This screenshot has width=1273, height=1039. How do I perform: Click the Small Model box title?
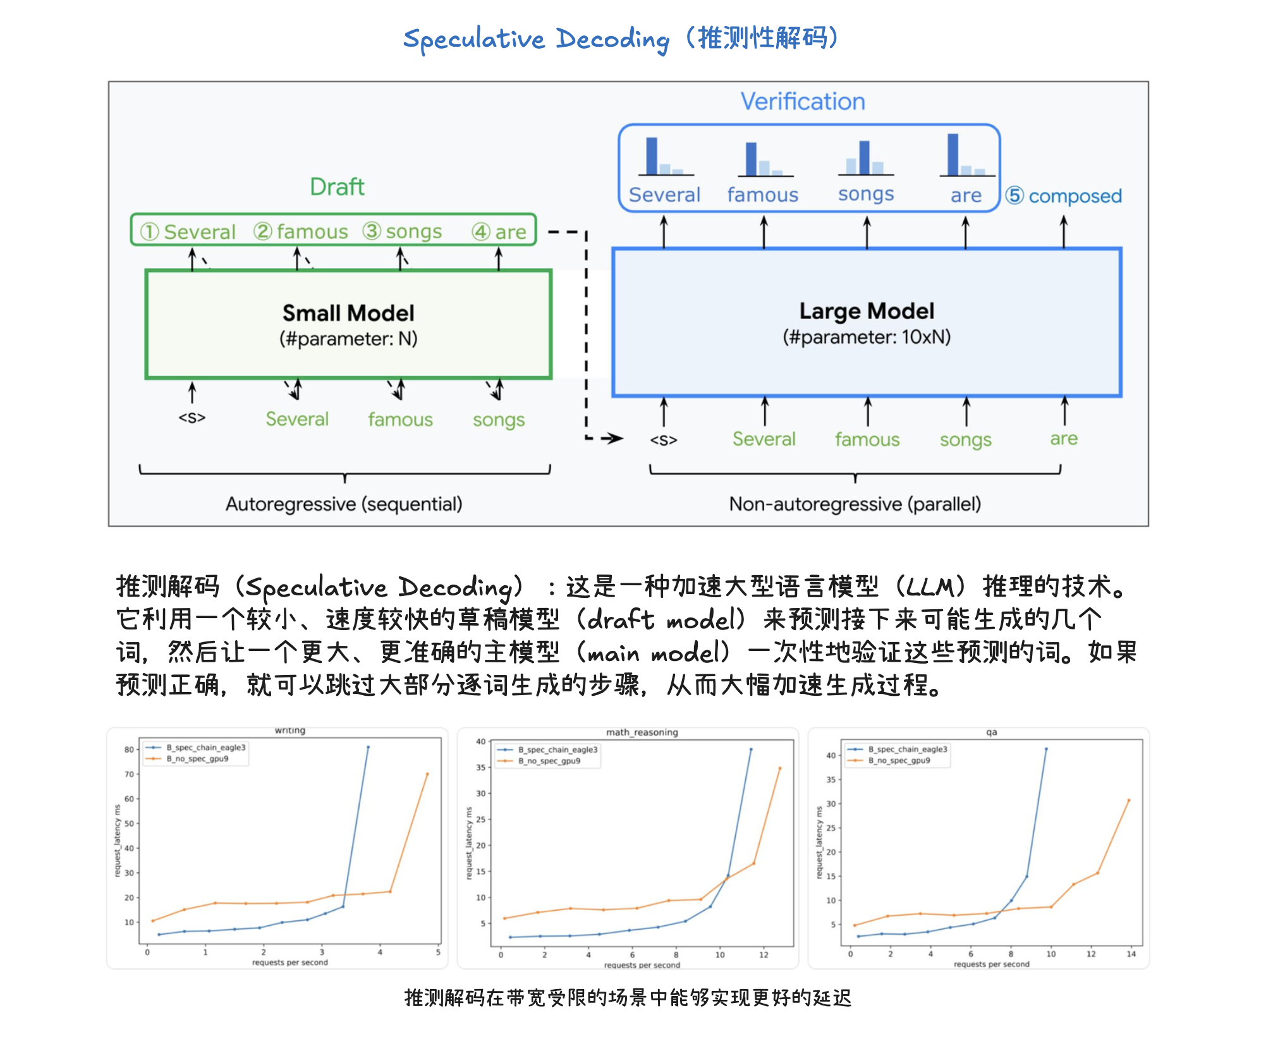pyautogui.click(x=348, y=313)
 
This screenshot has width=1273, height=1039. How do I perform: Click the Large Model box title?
pyautogui.click(x=866, y=311)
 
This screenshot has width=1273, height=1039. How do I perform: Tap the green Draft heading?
pyautogui.click(x=337, y=187)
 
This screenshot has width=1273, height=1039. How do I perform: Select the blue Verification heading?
pyautogui.click(x=803, y=102)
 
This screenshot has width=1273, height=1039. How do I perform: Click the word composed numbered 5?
pyautogui.click(x=1075, y=196)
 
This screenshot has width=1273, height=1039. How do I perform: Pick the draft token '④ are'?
pyautogui.click(x=499, y=232)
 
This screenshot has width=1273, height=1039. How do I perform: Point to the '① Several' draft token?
pyautogui.click(x=188, y=232)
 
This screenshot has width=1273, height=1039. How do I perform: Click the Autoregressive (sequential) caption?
pyautogui.click(x=344, y=504)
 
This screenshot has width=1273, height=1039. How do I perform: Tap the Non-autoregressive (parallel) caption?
pyautogui.click(x=855, y=504)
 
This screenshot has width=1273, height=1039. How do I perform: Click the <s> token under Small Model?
pyautogui.click(x=192, y=418)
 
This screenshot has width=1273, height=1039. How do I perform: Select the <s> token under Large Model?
pyautogui.click(x=664, y=440)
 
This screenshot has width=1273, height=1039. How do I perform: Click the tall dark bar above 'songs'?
pyautogui.click(x=864, y=157)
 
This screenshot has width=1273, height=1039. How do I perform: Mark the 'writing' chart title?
pyautogui.click(x=290, y=731)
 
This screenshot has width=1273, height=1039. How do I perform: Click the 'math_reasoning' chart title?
pyautogui.click(x=642, y=732)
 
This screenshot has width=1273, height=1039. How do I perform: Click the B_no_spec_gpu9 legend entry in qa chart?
pyautogui.click(x=899, y=760)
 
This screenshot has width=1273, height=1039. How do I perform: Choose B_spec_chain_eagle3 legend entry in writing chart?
pyautogui.click(x=205, y=748)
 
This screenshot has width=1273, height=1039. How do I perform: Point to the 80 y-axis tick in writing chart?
pyautogui.click(x=129, y=750)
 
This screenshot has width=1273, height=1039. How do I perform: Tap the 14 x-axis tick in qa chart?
pyautogui.click(x=1131, y=954)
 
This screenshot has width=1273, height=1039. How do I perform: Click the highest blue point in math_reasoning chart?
pyautogui.click(x=751, y=750)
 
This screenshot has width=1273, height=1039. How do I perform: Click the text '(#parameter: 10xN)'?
pyautogui.click(x=866, y=337)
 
